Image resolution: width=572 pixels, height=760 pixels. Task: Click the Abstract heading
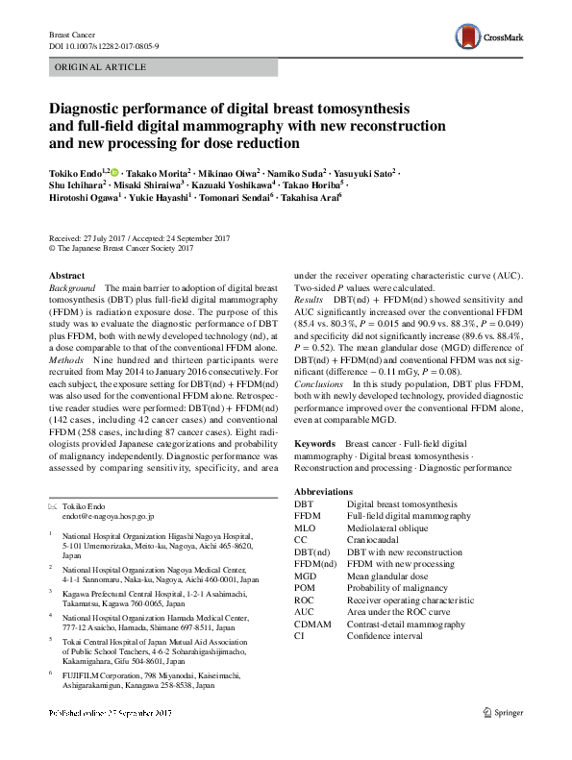(x=66, y=275)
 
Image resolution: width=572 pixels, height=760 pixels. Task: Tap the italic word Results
(x=309, y=301)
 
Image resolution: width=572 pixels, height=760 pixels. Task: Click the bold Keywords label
(x=314, y=445)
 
